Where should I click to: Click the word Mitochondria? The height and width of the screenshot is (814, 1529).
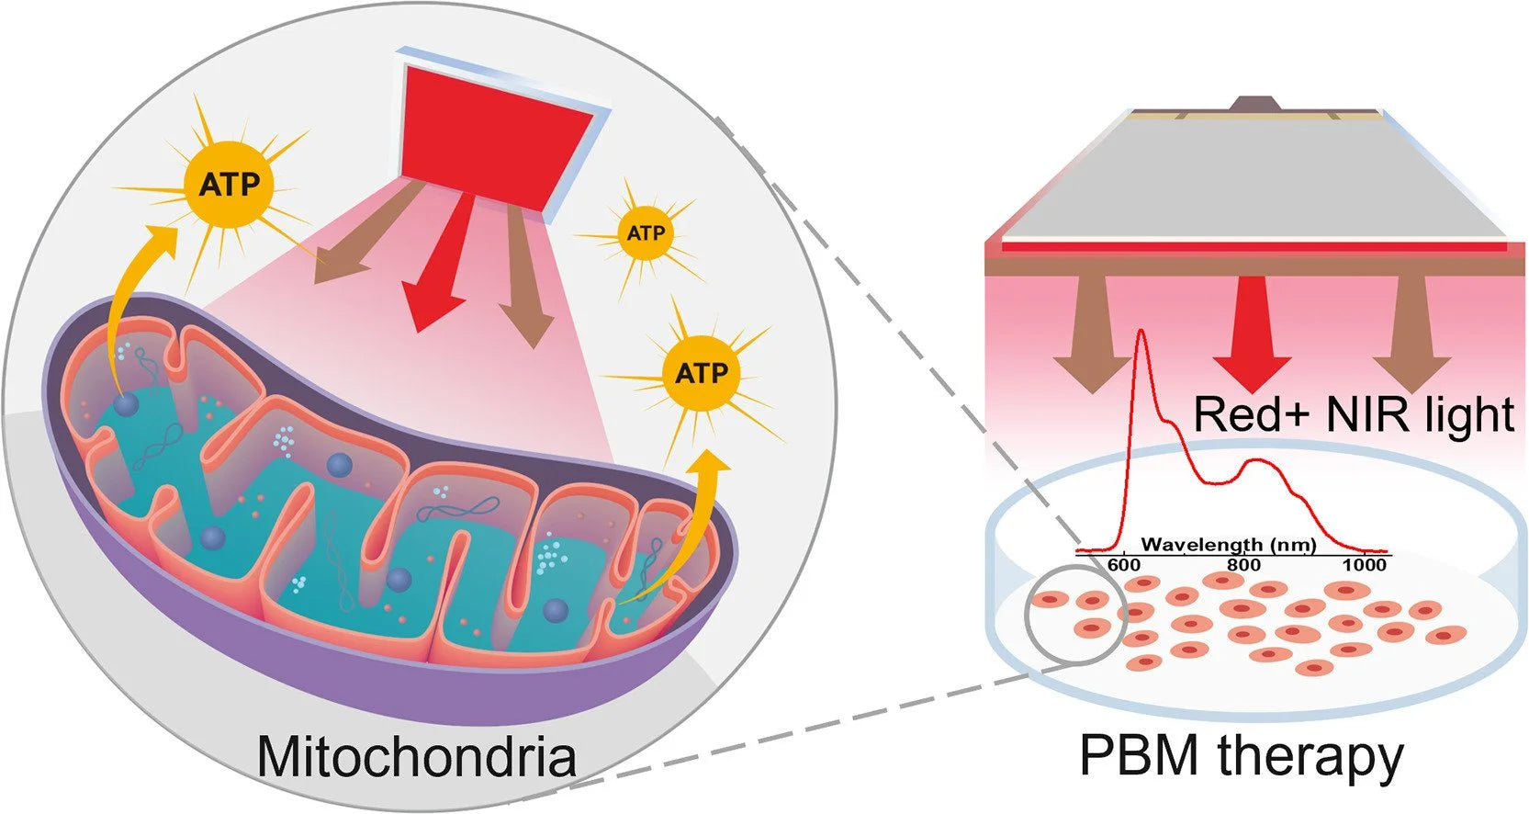coord(416,757)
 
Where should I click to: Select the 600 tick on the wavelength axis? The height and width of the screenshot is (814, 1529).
coord(1124,565)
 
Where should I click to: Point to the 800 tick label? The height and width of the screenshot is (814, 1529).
coord(1243,565)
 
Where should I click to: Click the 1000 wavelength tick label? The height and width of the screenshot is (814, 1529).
coord(1365,565)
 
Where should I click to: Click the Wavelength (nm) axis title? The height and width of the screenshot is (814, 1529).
coord(1228,545)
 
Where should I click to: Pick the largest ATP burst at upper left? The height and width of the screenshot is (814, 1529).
coord(229,185)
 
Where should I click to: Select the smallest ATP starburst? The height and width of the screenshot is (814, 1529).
coord(645,233)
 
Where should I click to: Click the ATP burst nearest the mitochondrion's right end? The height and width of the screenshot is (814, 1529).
coord(702,373)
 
